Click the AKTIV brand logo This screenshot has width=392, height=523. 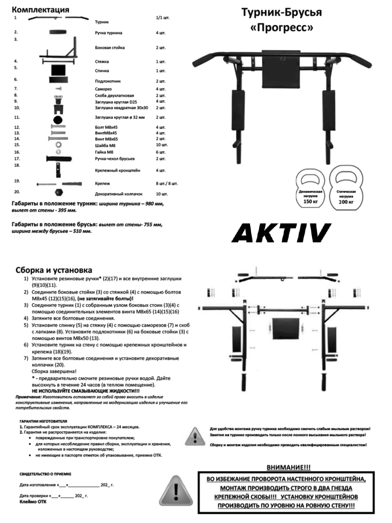click(x=281, y=233)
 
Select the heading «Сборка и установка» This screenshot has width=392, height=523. click(x=54, y=270)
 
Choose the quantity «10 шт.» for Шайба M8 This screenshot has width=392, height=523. click(x=161, y=145)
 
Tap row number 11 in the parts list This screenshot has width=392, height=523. click(x=17, y=118)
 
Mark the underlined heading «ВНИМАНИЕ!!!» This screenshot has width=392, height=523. click(x=288, y=467)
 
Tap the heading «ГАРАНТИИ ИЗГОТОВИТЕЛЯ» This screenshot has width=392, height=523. click(x=44, y=422)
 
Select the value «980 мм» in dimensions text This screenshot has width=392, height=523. click(x=154, y=203)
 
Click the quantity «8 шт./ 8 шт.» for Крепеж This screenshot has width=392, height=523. click(x=166, y=183)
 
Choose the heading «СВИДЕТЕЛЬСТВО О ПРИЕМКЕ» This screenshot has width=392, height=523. click(x=46, y=473)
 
